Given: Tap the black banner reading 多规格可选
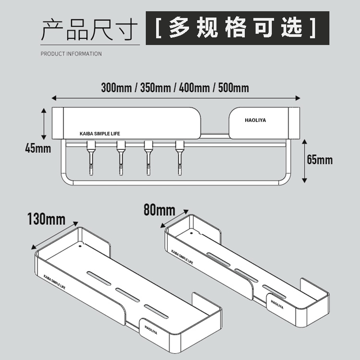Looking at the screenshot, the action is coord(237,28).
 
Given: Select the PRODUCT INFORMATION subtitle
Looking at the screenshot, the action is coord(71,54).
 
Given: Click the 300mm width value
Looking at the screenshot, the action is coord(115,87).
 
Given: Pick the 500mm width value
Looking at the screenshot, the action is coord(234,87).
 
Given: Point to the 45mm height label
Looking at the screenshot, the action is coord(38,148).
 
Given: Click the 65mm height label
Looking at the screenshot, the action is coord(319,159).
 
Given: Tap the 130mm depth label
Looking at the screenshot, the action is coord(46,220).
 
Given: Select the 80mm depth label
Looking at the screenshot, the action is coord(159,209).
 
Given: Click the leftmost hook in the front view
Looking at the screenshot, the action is coord(90,157).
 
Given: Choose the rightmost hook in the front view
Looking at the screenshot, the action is coord(180,157).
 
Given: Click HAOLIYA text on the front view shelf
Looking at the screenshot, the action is coord(256,120).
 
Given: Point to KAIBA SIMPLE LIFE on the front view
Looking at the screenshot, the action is coord(100,134).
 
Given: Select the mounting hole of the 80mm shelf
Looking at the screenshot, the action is coord(191,234).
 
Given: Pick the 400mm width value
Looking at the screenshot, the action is coord(194,87).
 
